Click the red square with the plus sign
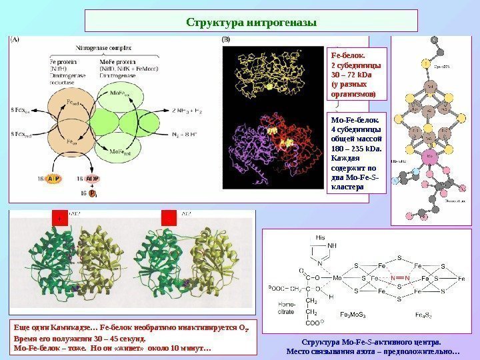coord(59,219)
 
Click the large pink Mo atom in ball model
coord(429,159)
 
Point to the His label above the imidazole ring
coord(321,237)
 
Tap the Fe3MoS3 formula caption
coord(355,313)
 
